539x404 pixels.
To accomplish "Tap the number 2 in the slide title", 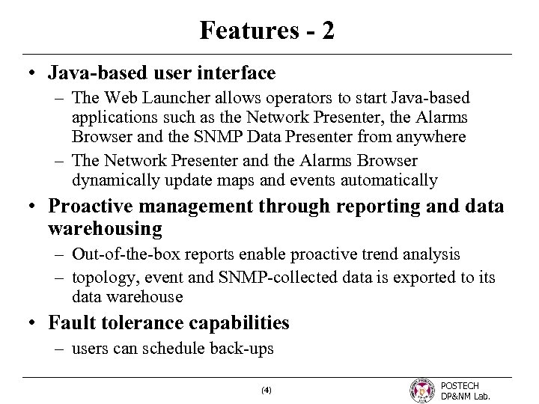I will (x=327, y=31).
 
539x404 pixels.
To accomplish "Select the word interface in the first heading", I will (x=240, y=73).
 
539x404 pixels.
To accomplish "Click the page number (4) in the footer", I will (x=268, y=390).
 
